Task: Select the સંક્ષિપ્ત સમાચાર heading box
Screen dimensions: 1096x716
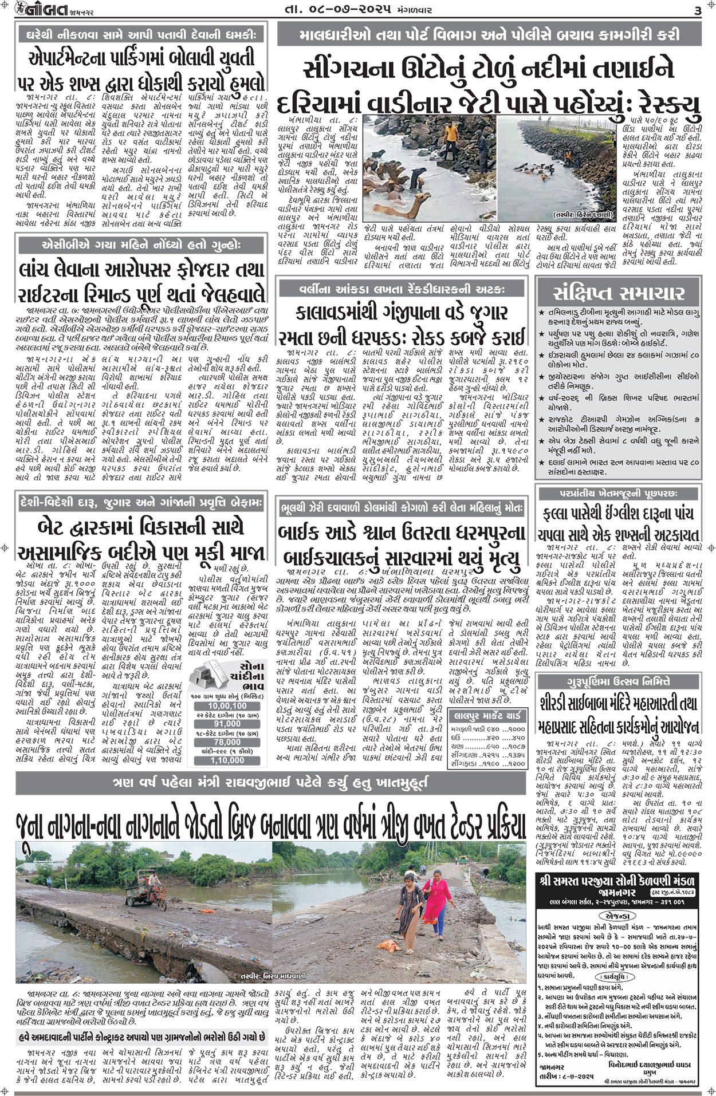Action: tap(619, 293)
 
